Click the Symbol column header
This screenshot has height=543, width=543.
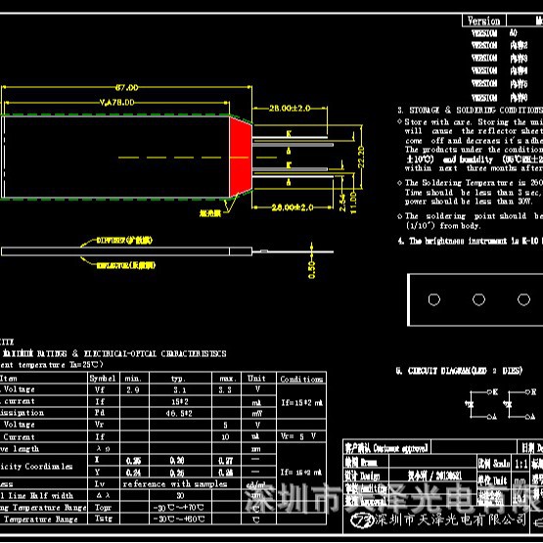click(102, 378)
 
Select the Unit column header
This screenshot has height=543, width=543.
click(256, 378)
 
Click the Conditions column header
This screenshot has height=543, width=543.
click(301, 379)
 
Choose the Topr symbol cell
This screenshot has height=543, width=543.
click(100, 508)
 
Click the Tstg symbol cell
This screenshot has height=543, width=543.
click(100, 520)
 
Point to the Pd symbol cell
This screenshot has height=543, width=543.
click(100, 413)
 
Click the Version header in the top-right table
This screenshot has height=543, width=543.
click(484, 20)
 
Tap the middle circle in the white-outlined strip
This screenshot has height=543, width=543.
click(479, 298)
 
